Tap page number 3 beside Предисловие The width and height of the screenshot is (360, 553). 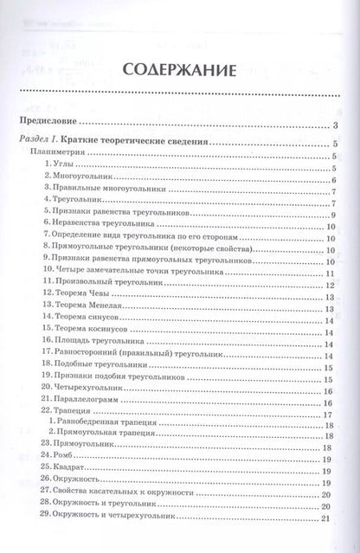[x=334, y=127]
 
